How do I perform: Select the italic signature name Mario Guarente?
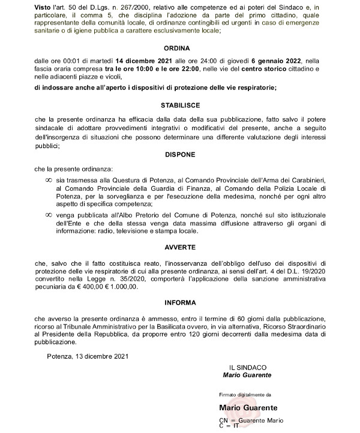tap(247, 375)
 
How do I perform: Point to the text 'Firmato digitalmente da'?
tap(246, 395)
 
